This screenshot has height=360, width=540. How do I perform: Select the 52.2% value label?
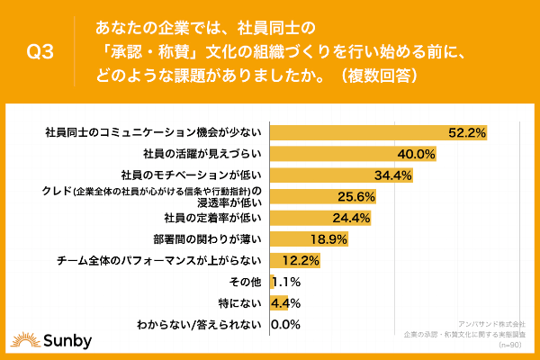[x=467, y=133]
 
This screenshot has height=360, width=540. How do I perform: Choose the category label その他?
[x=247, y=282]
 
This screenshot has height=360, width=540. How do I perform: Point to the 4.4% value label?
[x=285, y=302]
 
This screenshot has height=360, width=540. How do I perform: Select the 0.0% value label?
[x=284, y=324]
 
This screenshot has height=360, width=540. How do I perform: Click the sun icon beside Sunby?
[x=22, y=341]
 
